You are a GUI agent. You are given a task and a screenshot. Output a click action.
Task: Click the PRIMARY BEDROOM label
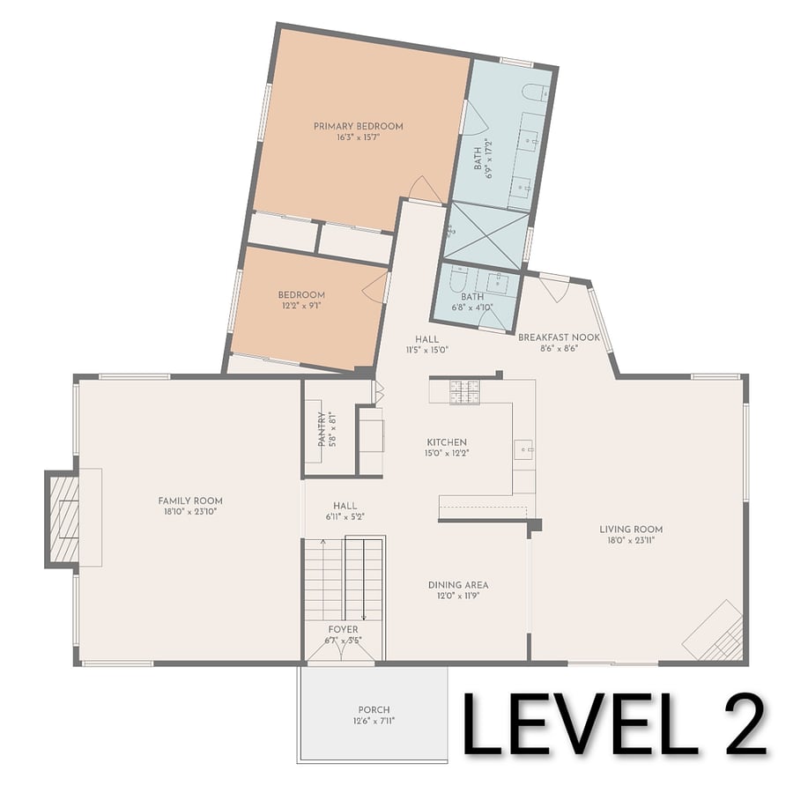pyautogui.click(x=358, y=126)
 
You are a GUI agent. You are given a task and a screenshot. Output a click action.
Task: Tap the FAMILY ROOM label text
pyautogui.click(x=190, y=500)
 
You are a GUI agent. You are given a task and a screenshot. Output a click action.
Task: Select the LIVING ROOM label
pyautogui.click(x=631, y=529)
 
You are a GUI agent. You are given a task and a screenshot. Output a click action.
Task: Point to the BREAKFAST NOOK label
pyautogui.click(x=559, y=337)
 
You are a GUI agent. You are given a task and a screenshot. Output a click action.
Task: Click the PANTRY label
pyautogui.click(x=322, y=429)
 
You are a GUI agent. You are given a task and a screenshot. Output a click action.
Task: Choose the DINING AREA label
pyautogui.click(x=458, y=585)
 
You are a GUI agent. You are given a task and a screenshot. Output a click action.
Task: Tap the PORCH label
pyautogui.click(x=374, y=709)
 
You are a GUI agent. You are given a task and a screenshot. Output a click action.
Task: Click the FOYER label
pyautogui.click(x=343, y=629)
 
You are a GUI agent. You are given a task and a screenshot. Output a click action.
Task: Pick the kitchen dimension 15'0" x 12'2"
pyautogui.click(x=447, y=453)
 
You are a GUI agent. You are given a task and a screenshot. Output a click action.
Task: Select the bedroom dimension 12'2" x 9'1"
pyautogui.click(x=301, y=306)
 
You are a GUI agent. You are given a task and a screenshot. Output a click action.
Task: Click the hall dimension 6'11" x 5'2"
pyautogui.click(x=345, y=517)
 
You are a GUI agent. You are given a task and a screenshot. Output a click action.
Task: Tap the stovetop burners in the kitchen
pyautogui.click(x=464, y=392)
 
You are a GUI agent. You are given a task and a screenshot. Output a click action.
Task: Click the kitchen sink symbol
pyautogui.click(x=523, y=449)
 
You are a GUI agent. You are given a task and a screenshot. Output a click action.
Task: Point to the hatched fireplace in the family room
pyautogui.click(x=63, y=519)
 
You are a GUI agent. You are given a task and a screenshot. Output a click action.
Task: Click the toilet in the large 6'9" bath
pyautogui.click(x=535, y=93)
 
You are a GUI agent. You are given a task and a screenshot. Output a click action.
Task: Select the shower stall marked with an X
pyautogui.click(x=486, y=234)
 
